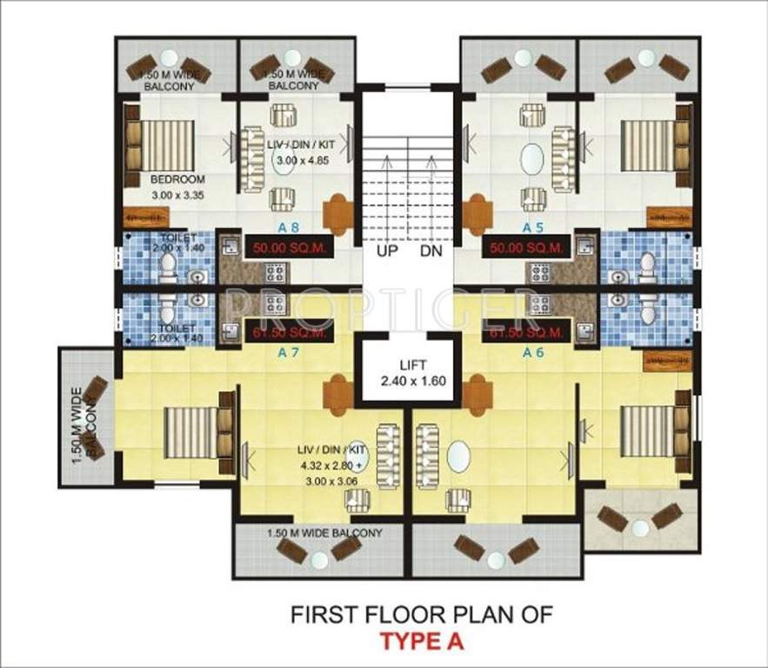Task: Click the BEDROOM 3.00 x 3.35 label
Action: (177, 187)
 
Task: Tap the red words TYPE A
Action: (421, 643)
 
